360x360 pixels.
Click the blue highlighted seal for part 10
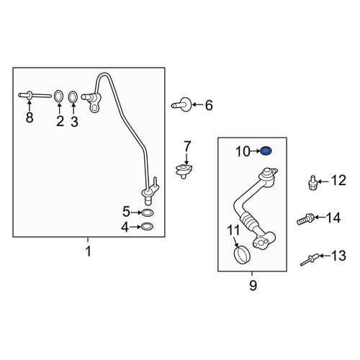(x=266, y=151)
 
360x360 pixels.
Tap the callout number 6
(x=209, y=105)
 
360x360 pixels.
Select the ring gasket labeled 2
(x=58, y=96)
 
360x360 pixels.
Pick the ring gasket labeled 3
(x=73, y=97)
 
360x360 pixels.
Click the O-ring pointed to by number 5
(x=148, y=212)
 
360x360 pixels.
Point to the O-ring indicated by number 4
(x=147, y=227)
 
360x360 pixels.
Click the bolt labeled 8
(x=35, y=96)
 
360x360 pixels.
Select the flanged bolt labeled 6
(x=181, y=104)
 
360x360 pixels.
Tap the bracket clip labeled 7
(x=184, y=171)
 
